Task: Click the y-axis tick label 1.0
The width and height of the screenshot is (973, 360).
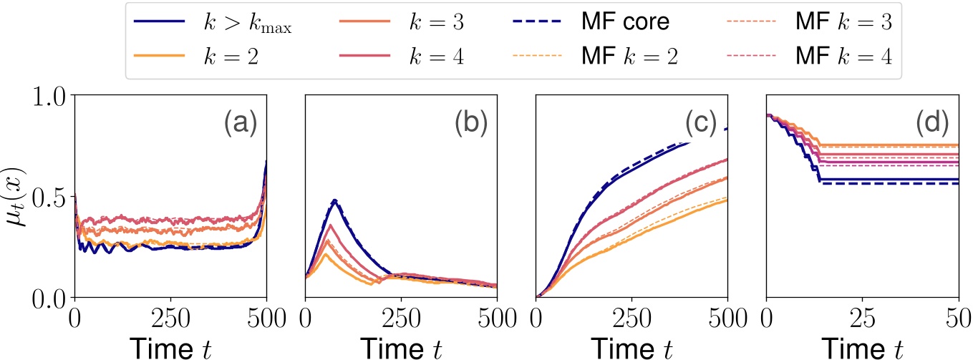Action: click(x=47, y=95)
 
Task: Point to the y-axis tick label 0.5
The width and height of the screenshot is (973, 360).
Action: click(x=47, y=197)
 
